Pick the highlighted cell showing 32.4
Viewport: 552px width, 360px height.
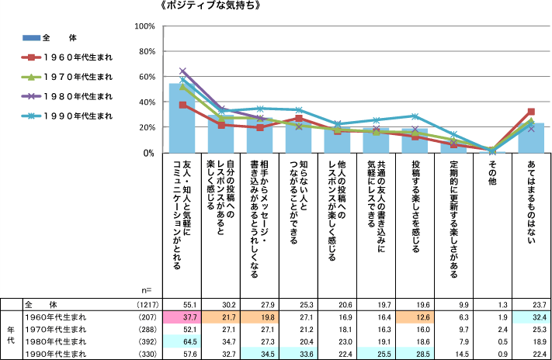[x=531, y=317]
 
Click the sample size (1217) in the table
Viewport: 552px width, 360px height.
[x=147, y=305]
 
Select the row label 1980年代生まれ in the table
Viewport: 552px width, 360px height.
[x=58, y=341]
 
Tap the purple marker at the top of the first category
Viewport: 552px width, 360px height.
[x=183, y=71]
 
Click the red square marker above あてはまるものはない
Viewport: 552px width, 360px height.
[x=531, y=112]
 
